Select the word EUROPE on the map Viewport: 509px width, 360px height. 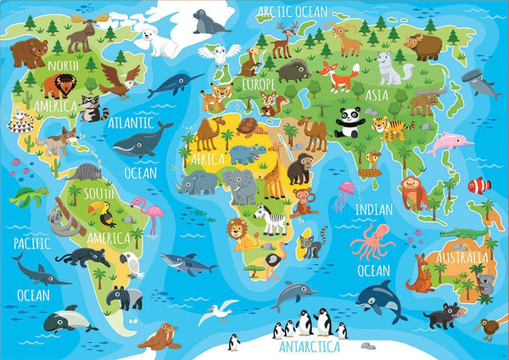(258, 85)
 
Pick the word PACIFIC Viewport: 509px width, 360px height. (31, 244)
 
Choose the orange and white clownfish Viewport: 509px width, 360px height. (479, 184)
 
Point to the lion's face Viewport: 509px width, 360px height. (239, 230)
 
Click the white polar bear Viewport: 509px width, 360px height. (159, 39)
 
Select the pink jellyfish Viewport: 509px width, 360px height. (344, 194)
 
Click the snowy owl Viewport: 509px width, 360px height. (219, 53)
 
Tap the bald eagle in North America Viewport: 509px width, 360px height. (119, 80)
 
